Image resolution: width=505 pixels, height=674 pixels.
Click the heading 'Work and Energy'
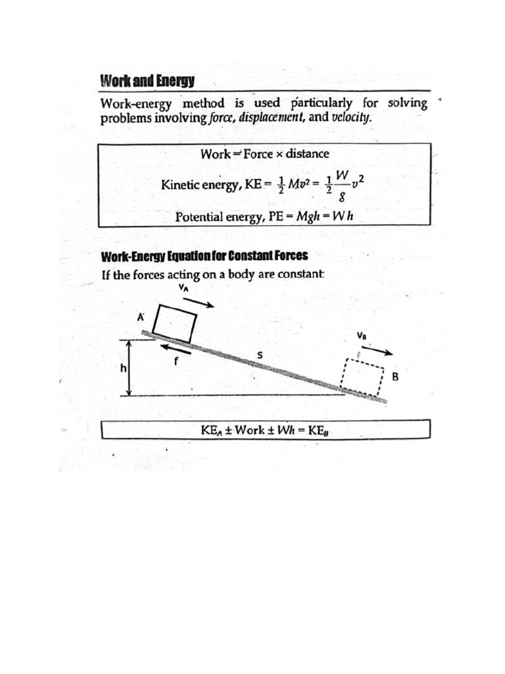tap(147, 82)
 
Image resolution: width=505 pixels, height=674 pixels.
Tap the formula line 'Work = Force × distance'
tap(264, 154)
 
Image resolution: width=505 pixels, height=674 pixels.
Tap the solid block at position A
tap(174, 323)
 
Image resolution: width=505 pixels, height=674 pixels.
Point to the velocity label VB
tap(361, 336)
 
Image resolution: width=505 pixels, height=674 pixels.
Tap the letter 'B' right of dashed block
tap(395, 377)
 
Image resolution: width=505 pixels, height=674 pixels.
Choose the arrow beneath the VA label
tap(199, 302)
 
